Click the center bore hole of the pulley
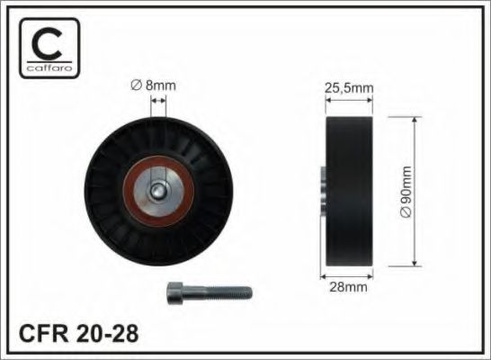tap(158, 191)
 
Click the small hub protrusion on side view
tap(321, 191)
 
